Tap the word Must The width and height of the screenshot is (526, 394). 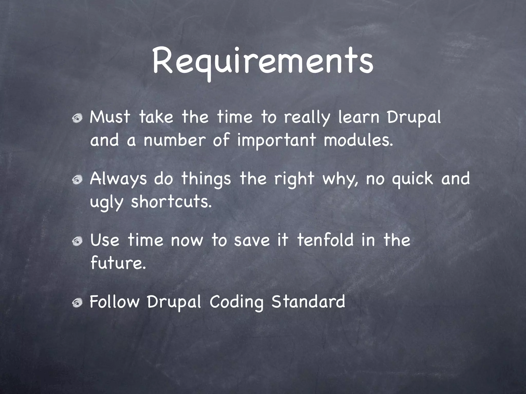[110, 117]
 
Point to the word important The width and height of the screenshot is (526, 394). [276, 141]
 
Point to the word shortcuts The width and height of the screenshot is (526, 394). [171, 202]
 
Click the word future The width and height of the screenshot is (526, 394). [118, 263]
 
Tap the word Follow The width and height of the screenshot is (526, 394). [115, 302]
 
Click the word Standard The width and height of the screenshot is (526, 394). [308, 302]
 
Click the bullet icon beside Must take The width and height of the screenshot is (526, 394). [77, 119]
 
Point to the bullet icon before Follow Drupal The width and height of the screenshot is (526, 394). [77, 303]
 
